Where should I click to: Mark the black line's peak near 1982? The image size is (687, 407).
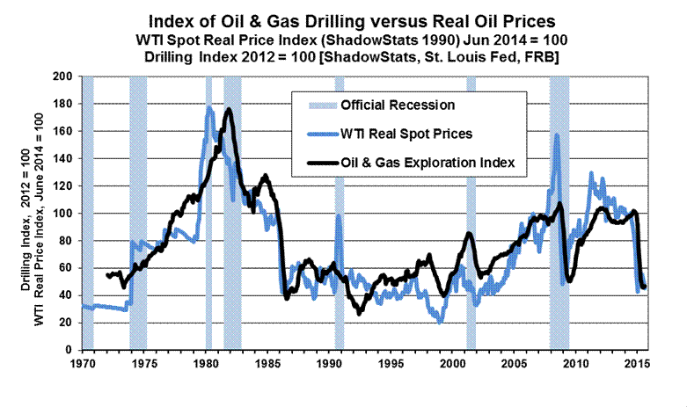pyautogui.click(x=229, y=109)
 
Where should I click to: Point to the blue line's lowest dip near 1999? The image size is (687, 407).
pyautogui.click(x=439, y=323)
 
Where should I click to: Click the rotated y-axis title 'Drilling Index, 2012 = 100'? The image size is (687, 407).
pyautogui.click(x=22, y=214)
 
